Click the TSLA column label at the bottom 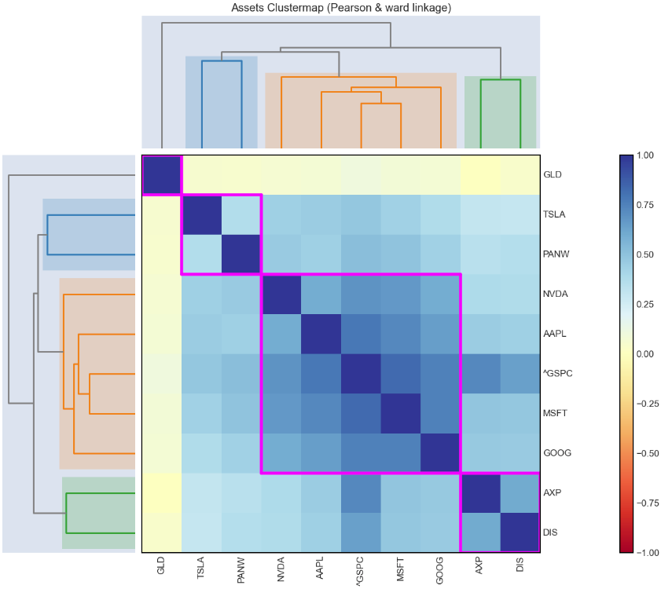pos(201,570)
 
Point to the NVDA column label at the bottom pos(281,570)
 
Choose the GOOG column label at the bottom pos(440,570)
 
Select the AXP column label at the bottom pos(480,569)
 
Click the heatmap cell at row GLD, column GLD pos(162,175)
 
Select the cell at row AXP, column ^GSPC pos(361,493)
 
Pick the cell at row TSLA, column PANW pos(241,214)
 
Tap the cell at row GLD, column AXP pos(480,175)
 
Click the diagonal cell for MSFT pos(400,414)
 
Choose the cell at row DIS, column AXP pos(480,533)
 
